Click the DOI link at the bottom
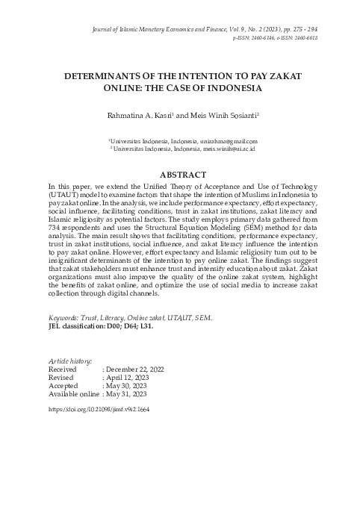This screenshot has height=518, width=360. [x=99, y=410]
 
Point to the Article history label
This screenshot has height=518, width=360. [x=69, y=361]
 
